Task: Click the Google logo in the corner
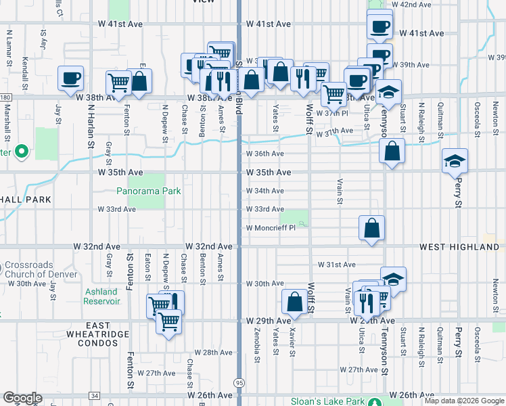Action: coord(22,398)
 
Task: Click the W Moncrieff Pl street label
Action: coord(271,229)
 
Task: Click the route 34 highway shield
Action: coord(94,396)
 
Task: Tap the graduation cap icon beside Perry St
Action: coord(455,161)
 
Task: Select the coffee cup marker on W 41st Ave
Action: coord(379,26)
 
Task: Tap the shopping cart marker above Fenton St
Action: coord(119,82)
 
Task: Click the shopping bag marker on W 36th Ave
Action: coord(392,151)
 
